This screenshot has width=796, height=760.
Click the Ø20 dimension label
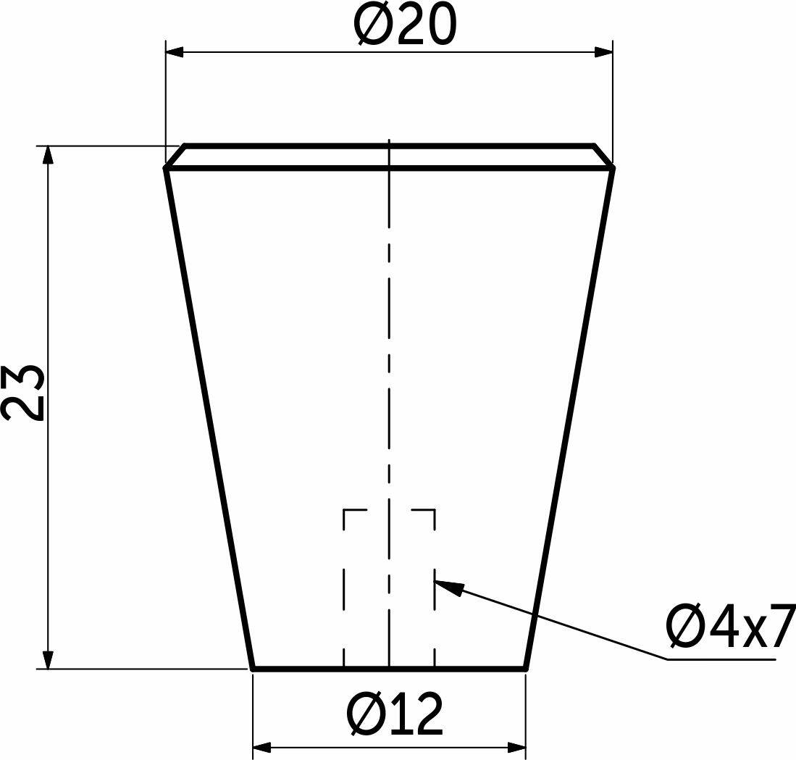point(406,25)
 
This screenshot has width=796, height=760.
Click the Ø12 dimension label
point(394,714)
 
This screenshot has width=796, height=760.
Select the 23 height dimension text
point(24,393)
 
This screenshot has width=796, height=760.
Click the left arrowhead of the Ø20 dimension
point(174,51)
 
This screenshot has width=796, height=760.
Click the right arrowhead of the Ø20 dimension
point(603,51)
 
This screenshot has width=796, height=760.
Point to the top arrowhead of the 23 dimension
point(48,155)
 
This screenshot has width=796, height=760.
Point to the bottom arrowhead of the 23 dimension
point(48,659)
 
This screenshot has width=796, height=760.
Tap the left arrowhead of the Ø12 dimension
point(261,747)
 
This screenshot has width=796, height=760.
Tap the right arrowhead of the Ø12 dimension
point(517,747)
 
